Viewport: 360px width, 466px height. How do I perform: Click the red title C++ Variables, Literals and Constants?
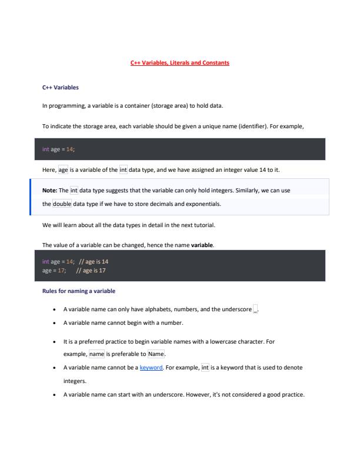(x=179, y=62)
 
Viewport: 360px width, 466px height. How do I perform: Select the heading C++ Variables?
(x=61, y=88)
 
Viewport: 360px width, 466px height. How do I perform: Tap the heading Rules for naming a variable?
(x=79, y=291)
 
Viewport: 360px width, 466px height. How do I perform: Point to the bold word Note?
(x=50, y=191)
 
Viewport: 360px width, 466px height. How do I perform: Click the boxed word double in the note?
(x=62, y=204)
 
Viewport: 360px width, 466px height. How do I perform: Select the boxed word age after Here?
(x=64, y=170)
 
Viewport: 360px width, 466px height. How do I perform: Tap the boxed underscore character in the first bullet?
(x=255, y=309)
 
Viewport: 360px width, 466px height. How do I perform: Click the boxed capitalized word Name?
(x=156, y=354)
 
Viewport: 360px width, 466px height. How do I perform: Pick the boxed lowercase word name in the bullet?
(x=96, y=354)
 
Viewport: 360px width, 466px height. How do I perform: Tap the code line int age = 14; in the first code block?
(x=58, y=149)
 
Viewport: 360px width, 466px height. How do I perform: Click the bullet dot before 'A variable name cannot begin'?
(x=54, y=323)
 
